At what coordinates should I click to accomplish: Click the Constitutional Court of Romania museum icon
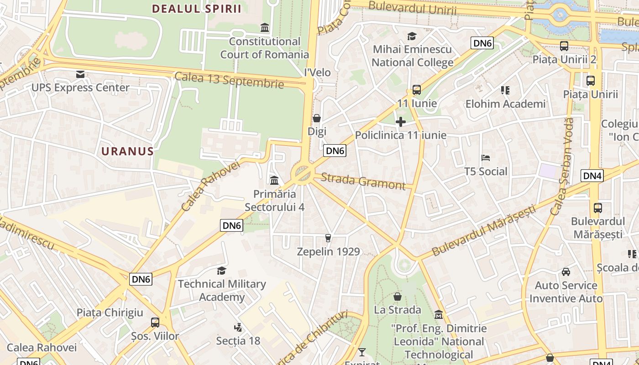265,27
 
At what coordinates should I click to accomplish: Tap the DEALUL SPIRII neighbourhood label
197,9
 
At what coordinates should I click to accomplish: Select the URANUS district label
127,151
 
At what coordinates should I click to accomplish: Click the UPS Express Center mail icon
80,74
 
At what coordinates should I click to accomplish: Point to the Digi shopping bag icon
317,119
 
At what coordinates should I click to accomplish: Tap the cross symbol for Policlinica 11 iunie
401,122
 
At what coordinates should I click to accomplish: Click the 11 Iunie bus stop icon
417,90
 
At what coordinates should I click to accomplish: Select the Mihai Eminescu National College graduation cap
412,36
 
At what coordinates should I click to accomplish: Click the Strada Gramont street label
363,181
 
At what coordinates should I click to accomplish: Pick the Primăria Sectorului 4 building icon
274,181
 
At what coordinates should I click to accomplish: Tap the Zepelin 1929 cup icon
328,238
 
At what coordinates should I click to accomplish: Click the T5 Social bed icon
486,158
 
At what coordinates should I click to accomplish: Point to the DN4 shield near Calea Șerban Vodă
592,176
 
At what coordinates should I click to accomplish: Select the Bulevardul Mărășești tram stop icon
598,208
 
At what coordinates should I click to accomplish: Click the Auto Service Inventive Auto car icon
566,272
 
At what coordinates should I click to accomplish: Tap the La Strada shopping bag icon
398,297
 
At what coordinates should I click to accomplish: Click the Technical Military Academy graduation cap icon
221,271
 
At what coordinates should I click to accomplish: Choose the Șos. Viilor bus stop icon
155,323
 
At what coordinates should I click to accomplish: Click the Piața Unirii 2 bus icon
564,46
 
